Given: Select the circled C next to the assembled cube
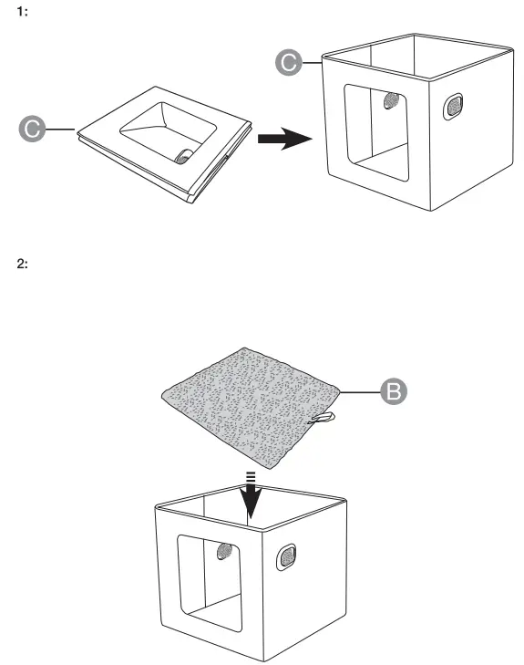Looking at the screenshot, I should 287,62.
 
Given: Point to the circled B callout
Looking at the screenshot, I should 393,390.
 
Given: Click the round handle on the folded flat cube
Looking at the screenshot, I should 185,156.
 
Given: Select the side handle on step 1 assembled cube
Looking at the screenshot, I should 451,108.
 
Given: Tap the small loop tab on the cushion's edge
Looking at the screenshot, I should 324,419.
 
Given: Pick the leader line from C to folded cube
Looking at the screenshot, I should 61,130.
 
